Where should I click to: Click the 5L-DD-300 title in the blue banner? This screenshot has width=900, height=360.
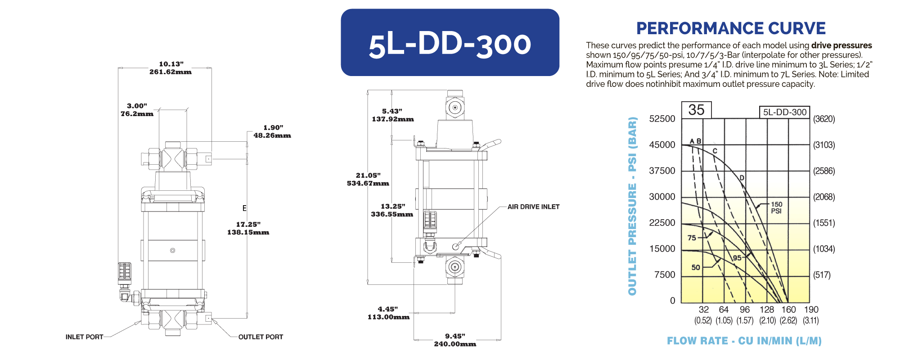pyautogui.click(x=450, y=44)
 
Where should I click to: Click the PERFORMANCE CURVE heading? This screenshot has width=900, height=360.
pyautogui.click(x=731, y=28)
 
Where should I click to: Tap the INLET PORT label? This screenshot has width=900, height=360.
pyautogui.click(x=85, y=337)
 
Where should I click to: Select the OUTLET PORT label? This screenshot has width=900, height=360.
pyautogui.click(x=261, y=337)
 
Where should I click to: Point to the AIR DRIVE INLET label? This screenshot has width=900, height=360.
pyautogui.click(x=534, y=207)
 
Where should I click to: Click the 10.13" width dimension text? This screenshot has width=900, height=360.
pyautogui.click(x=171, y=64)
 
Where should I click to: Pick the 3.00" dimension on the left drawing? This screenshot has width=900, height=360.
pyautogui.click(x=137, y=106)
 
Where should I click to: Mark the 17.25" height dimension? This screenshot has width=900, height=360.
pyautogui.click(x=248, y=224)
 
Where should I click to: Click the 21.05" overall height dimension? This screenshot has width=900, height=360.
pyautogui.click(x=368, y=175)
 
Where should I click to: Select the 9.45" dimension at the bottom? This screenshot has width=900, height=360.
pyautogui.click(x=455, y=336)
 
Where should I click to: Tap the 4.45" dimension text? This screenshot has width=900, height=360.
pyautogui.click(x=388, y=309)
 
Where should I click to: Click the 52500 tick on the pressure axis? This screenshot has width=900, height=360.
pyautogui.click(x=662, y=119)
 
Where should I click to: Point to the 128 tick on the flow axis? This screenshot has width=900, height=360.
pyautogui.click(x=767, y=310)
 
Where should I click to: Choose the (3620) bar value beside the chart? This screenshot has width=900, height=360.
pyautogui.click(x=824, y=119)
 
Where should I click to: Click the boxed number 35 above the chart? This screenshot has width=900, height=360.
pyautogui.click(x=696, y=110)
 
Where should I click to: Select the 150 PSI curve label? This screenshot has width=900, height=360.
pyautogui.click(x=777, y=207)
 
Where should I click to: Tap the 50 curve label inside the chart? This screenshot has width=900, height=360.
pyautogui.click(x=696, y=267)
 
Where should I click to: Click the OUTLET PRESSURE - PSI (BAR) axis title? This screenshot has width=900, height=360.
pyautogui.click(x=633, y=206)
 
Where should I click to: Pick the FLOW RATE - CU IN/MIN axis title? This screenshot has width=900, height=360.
pyautogui.click(x=744, y=341)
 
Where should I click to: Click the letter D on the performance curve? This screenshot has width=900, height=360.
pyautogui.click(x=742, y=178)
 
